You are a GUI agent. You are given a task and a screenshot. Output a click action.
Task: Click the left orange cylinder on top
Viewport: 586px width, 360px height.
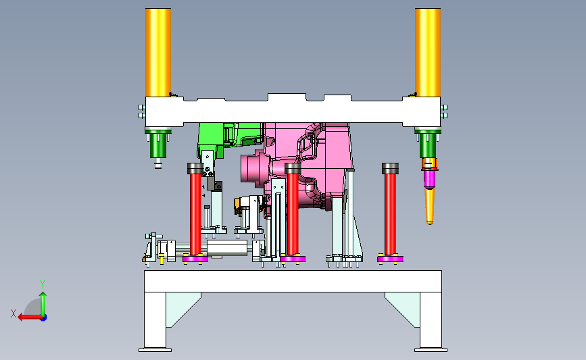[158, 53]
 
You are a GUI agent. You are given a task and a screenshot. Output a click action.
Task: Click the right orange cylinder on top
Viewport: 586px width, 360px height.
[428, 53]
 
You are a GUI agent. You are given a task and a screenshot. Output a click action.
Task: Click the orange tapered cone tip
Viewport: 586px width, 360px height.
[430, 206]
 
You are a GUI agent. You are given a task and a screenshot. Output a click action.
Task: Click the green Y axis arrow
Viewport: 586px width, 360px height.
[43, 303]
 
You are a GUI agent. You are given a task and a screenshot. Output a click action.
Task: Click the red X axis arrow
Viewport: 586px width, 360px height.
[30, 317]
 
